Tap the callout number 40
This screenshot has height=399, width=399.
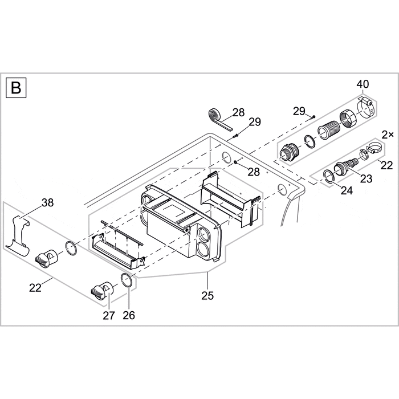pos(363,85)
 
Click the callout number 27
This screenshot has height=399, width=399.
pos(109,315)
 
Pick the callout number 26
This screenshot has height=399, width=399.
pos(129,315)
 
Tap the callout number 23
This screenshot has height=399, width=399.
pos(366,178)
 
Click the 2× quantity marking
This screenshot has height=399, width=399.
pos(388,135)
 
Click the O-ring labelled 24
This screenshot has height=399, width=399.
pos(329,177)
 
